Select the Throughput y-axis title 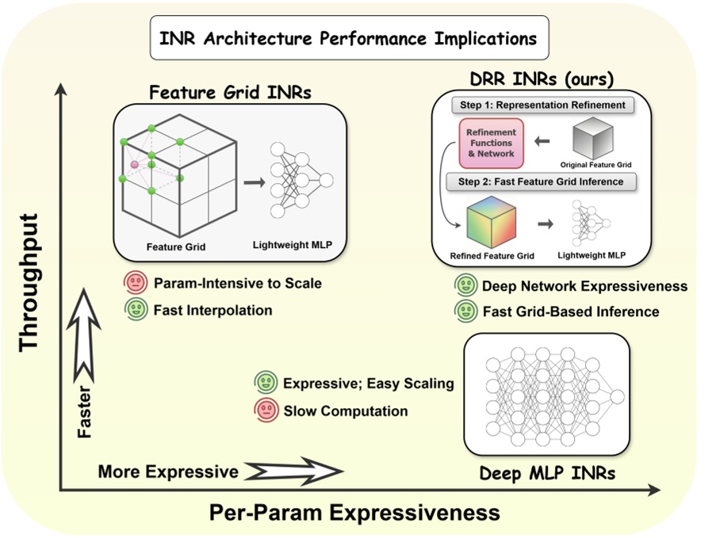(x=29, y=281)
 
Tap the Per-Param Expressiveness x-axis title (x=354, y=513)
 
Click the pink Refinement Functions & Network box (x=492, y=143)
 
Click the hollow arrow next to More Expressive (x=293, y=472)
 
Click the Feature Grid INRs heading (x=230, y=92)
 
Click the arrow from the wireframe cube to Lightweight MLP (x=253, y=183)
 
